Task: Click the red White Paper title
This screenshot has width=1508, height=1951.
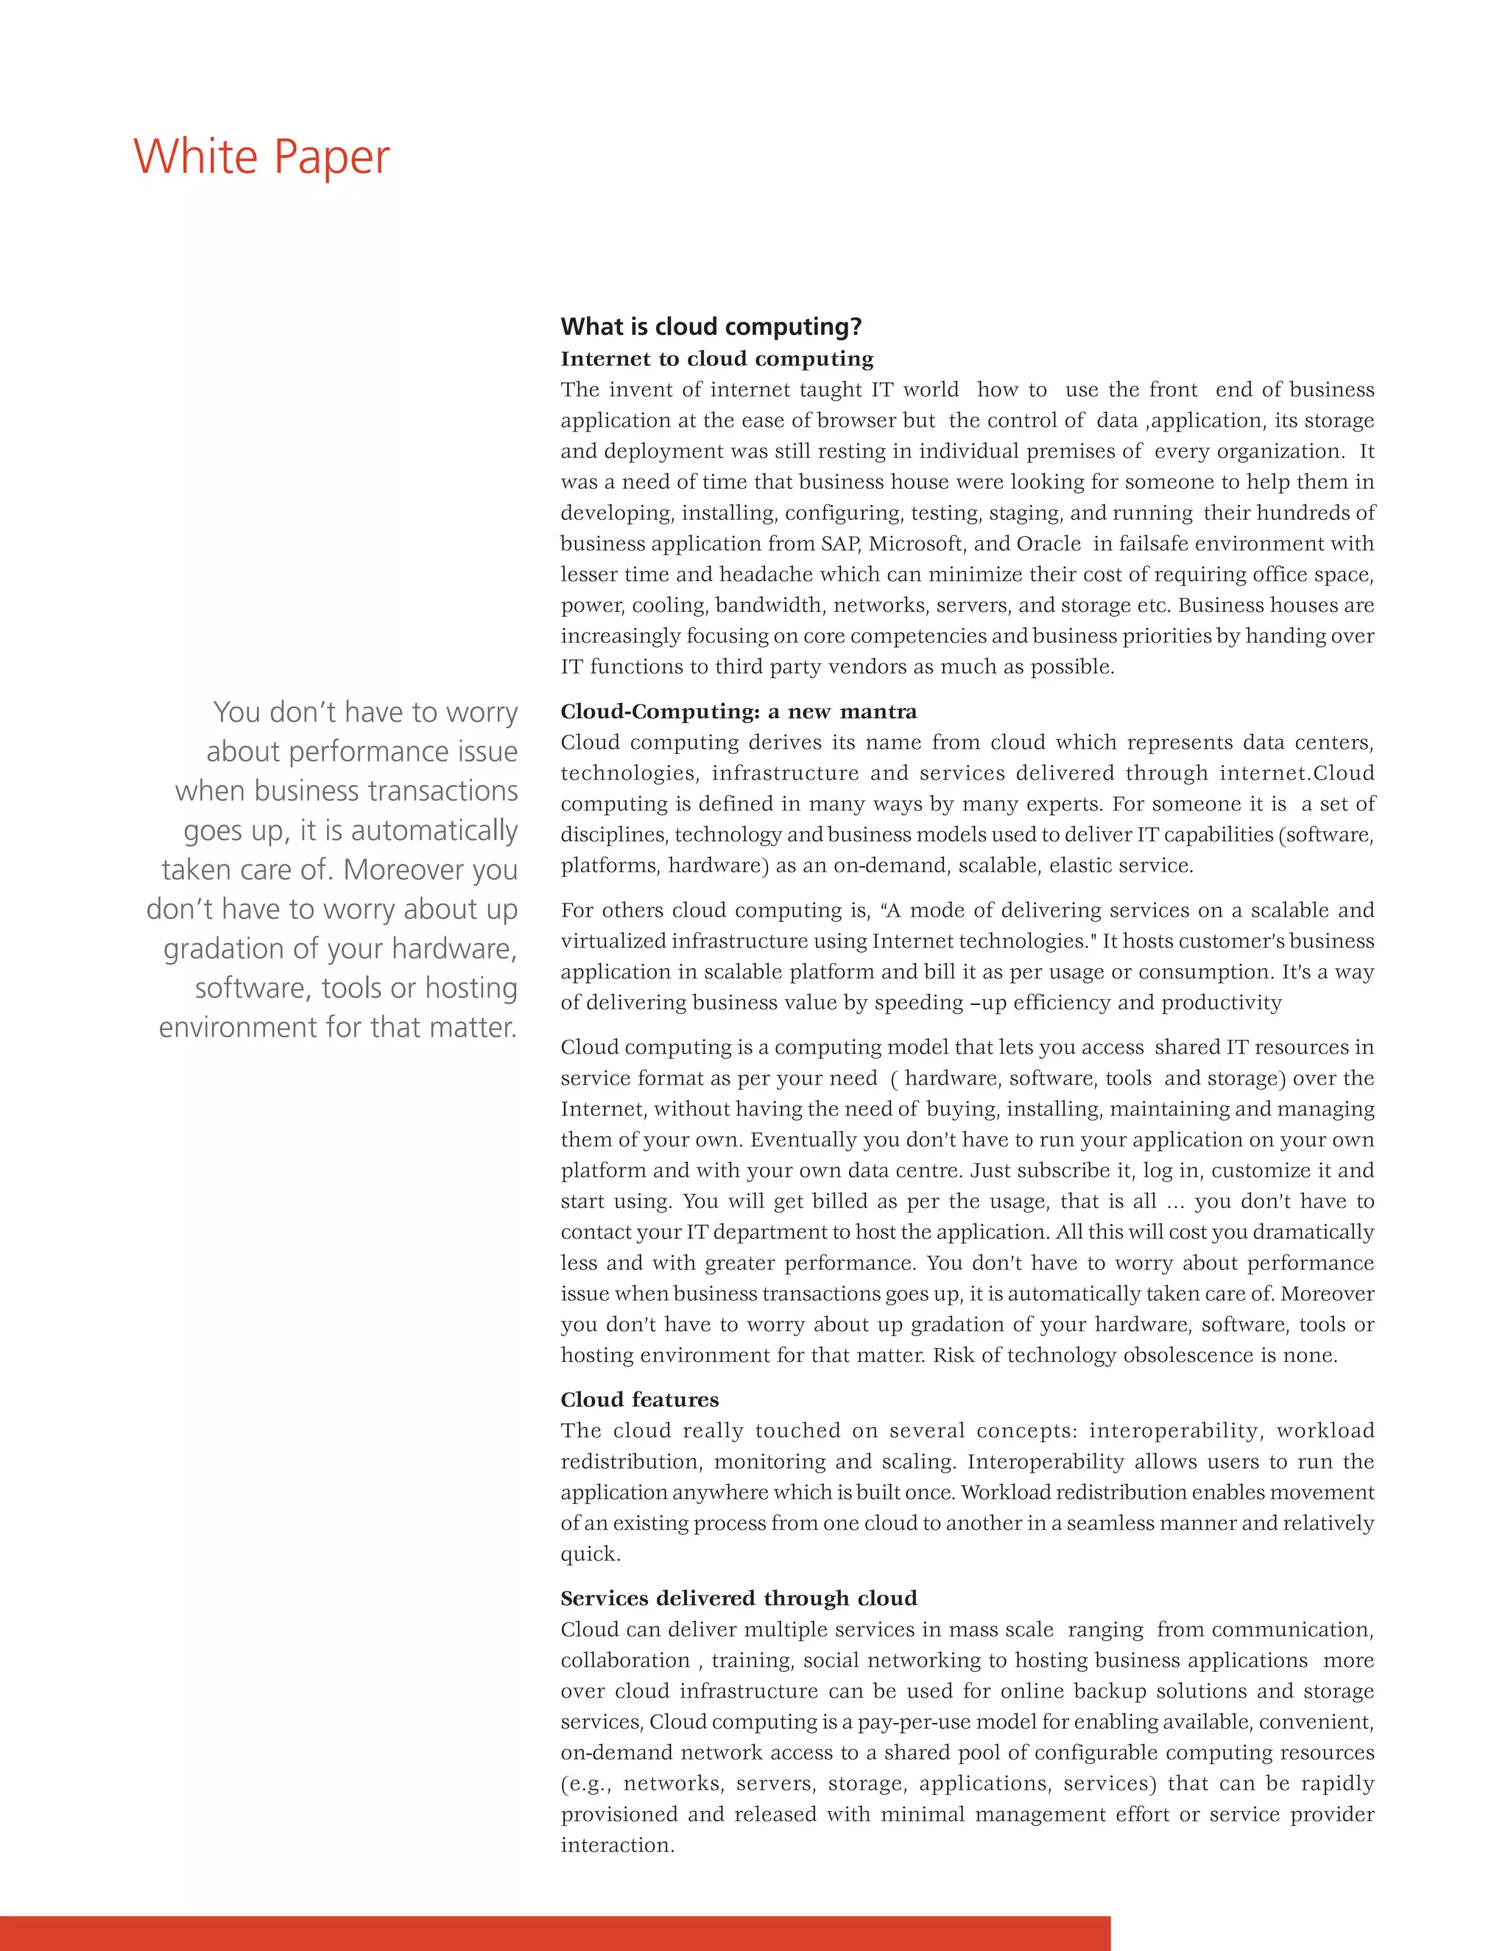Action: point(261,158)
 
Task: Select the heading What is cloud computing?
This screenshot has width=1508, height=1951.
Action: point(711,327)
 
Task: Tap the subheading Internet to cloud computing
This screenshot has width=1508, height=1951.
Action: point(716,359)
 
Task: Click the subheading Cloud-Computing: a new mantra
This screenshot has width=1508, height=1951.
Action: point(738,711)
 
